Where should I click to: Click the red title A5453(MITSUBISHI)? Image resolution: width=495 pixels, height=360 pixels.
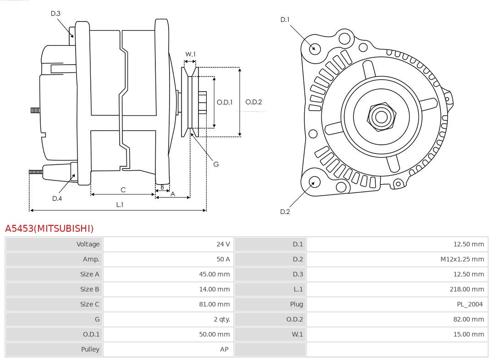[49, 228]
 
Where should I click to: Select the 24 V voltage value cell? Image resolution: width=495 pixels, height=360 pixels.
[223, 244]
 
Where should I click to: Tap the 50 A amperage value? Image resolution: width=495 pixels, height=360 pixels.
[223, 259]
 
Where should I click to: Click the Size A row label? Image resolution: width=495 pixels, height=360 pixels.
[89, 274]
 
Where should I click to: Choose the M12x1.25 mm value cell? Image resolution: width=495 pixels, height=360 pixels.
[462, 259]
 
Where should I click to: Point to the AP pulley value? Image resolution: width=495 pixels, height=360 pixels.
[224, 349]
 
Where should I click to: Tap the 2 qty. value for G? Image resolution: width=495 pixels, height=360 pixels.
[222, 319]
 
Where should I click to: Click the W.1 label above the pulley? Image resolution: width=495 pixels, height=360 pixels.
[190, 55]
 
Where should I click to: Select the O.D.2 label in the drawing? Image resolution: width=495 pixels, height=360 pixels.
[253, 102]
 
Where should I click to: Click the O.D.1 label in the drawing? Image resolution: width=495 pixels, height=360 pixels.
[225, 102]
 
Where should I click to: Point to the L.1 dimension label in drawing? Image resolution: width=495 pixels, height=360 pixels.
[119, 205]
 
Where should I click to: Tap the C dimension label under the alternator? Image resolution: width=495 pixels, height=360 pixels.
[123, 190]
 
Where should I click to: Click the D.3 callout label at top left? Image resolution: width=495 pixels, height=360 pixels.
[55, 14]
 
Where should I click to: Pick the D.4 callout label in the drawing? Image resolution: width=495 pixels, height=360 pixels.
[57, 198]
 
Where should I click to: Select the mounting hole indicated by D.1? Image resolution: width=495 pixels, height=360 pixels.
[315, 48]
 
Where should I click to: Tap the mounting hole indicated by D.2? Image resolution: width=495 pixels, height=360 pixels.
[314, 182]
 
